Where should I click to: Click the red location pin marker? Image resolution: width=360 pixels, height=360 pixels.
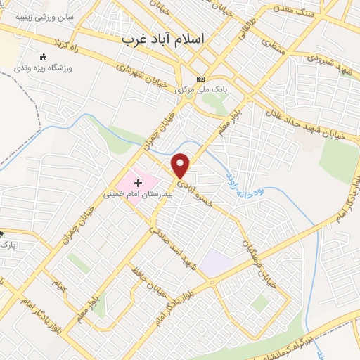[181, 165]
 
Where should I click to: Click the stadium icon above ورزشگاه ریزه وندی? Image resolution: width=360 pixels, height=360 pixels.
[43, 56]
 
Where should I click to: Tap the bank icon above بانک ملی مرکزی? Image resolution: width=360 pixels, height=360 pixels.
[200, 78]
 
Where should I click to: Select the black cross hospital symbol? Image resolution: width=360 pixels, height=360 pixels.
[137, 183]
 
